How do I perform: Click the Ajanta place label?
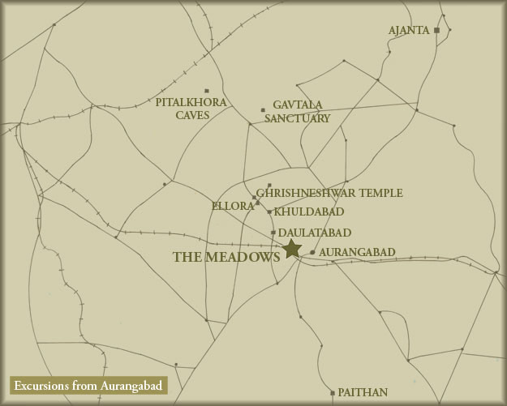click(x=408, y=31)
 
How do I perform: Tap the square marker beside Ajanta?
click(x=436, y=30)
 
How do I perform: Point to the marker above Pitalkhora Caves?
click(x=207, y=91)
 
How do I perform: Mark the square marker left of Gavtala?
click(x=263, y=110)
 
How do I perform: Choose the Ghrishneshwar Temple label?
click(x=329, y=194)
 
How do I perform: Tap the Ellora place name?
click(x=232, y=206)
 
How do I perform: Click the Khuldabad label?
click(x=309, y=212)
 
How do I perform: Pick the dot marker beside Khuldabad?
click(x=269, y=212)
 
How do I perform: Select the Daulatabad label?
click(x=315, y=233)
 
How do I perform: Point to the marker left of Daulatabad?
click(x=273, y=233)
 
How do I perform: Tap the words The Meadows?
click(x=226, y=256)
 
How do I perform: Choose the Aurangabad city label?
click(x=357, y=252)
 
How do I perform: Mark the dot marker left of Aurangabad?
click(x=312, y=252)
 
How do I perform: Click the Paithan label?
click(x=363, y=392)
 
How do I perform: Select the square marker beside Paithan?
click(x=333, y=393)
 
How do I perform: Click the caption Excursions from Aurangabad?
click(x=87, y=384)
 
